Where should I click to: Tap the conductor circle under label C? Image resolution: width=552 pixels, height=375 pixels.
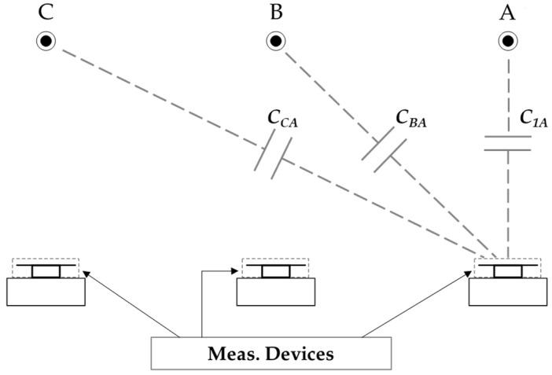point(46,41)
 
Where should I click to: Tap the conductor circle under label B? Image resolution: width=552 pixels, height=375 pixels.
point(276,41)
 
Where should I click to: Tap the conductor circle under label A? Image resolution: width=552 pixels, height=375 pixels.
point(508,41)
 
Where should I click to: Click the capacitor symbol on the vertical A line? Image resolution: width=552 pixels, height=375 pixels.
point(508,143)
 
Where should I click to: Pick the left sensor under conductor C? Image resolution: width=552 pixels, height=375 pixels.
point(46,281)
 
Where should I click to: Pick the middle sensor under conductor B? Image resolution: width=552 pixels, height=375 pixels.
point(276,281)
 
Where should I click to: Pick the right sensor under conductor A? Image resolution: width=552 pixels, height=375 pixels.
point(508,281)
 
